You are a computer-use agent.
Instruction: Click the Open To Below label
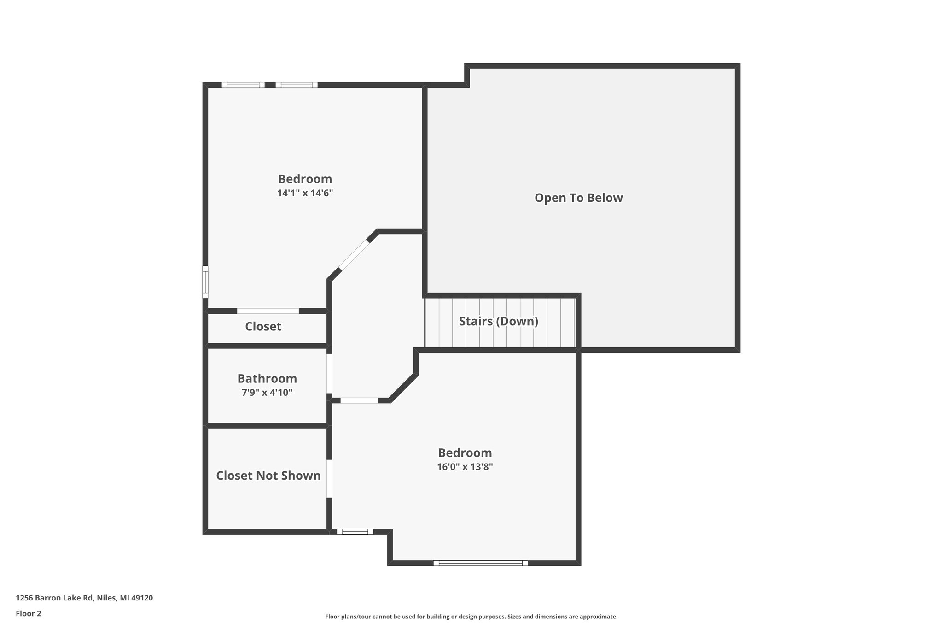(578, 198)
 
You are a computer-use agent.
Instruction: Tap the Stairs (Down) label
(498, 321)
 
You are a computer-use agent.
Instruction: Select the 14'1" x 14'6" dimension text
(305, 193)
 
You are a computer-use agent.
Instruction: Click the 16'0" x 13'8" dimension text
(465, 467)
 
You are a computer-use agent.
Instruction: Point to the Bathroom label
(267, 379)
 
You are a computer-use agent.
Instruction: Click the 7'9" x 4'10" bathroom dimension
(267, 393)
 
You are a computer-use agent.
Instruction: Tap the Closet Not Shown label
(268, 476)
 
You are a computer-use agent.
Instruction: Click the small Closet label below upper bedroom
(263, 327)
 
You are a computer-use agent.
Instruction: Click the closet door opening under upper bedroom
(268, 311)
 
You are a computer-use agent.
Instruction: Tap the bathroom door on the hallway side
(329, 373)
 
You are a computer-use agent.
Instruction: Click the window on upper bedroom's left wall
(205, 282)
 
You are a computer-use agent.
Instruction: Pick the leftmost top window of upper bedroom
(243, 85)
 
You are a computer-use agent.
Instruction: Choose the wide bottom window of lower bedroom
(480, 563)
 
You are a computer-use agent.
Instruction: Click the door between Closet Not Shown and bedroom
(329, 478)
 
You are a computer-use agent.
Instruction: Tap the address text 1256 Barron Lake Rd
(84, 598)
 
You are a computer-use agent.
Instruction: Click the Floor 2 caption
(29, 613)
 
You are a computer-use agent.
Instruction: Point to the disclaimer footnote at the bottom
(471, 617)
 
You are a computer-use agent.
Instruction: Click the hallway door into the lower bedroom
(359, 400)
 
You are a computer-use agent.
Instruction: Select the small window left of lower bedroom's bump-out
(355, 531)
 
